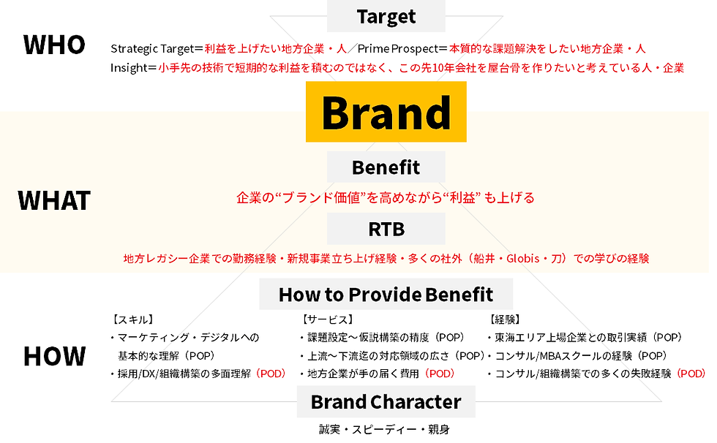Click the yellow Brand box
click(x=386, y=113)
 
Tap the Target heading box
click(x=386, y=16)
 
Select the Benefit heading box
click(x=386, y=167)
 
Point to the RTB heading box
click(x=386, y=229)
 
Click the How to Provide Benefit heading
click(x=386, y=295)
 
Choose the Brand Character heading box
click(x=386, y=401)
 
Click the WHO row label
click(x=54, y=45)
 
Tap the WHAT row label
click(x=54, y=200)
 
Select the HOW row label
click(x=54, y=356)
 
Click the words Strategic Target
click(x=152, y=49)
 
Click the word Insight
click(x=129, y=68)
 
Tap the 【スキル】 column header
click(x=132, y=319)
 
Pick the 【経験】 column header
click(x=505, y=319)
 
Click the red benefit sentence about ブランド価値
click(x=386, y=197)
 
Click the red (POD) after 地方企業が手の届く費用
click(x=440, y=374)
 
